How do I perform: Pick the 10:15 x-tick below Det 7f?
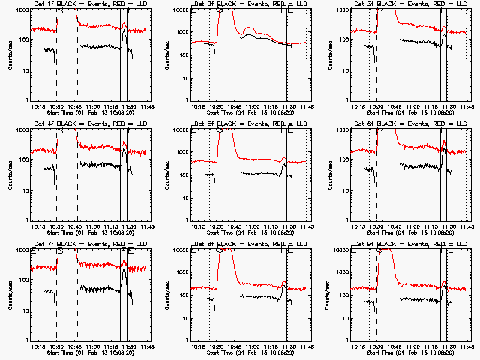(x=37, y=346)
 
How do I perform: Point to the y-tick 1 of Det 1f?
(x=25, y=100)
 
